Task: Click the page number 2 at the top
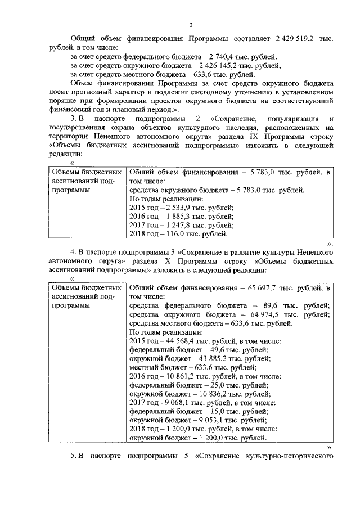pyautogui.click(x=191, y=25)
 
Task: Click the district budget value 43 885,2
pyautogui.click(x=209, y=358)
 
